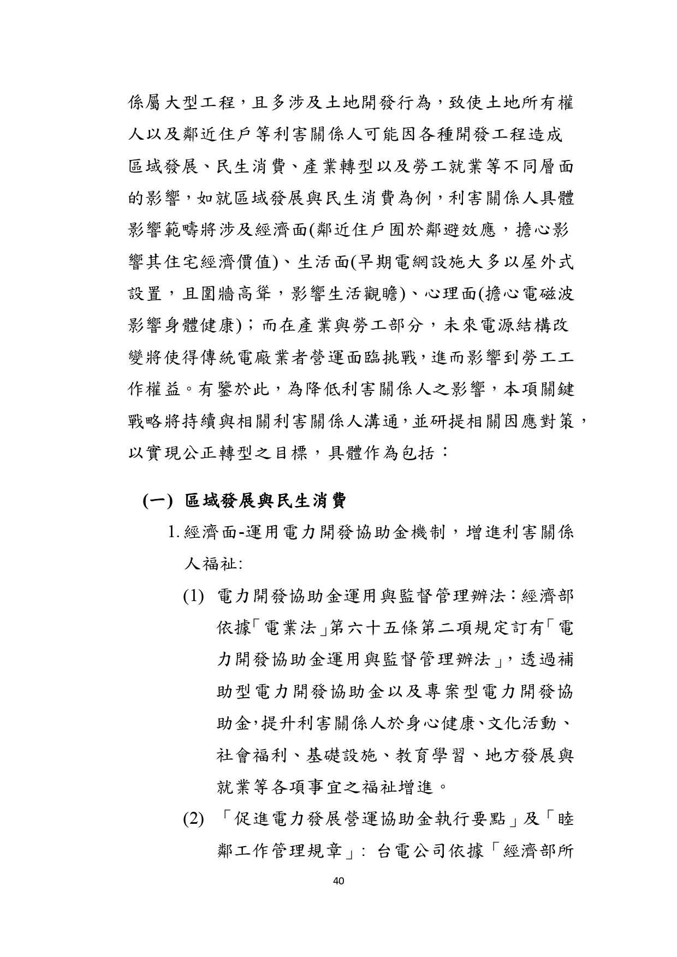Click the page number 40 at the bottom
(x=338, y=881)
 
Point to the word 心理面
(x=453, y=294)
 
